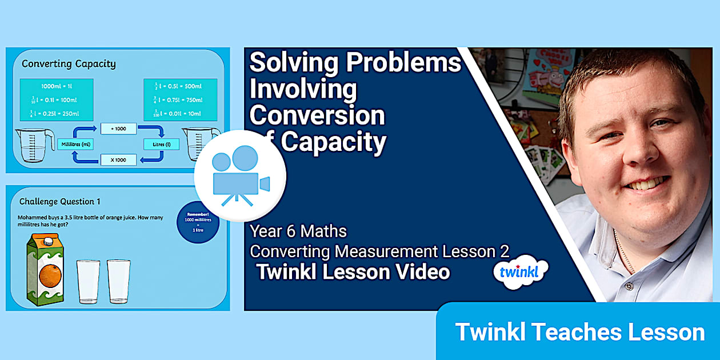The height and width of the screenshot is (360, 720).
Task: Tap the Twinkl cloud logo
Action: (x=521, y=271)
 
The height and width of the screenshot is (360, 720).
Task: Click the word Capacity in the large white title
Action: (x=334, y=142)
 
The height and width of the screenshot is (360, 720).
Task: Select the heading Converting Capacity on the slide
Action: (x=69, y=63)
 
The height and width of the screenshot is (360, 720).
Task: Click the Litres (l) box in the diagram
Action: (x=161, y=144)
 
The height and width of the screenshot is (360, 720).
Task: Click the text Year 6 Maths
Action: (x=298, y=231)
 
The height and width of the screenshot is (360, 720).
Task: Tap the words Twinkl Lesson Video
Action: (x=353, y=272)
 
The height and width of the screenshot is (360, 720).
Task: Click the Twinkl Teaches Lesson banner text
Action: (x=579, y=332)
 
